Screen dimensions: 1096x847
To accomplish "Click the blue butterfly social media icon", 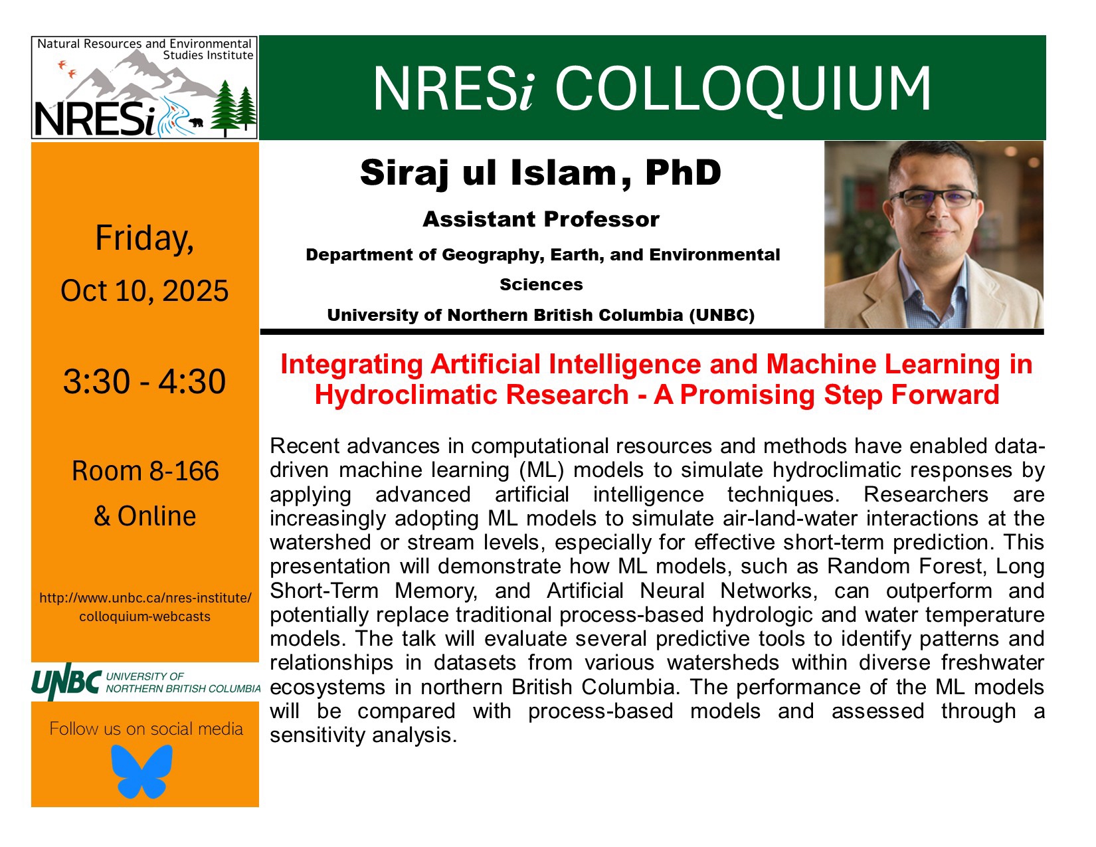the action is point(141,771).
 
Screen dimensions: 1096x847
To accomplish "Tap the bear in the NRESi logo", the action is point(195,122).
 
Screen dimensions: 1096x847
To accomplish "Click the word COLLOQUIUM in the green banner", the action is point(743,89).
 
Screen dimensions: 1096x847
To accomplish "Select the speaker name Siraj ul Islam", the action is point(488,173).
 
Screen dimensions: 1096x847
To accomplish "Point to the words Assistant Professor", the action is point(541,219).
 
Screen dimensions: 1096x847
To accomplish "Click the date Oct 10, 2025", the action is point(144,290).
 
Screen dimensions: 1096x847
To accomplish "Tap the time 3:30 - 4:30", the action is point(144,381).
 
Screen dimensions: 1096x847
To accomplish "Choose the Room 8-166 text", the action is point(145,471).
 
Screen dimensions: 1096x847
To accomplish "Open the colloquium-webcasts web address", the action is point(145,607).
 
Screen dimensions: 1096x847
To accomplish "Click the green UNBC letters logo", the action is point(66,682).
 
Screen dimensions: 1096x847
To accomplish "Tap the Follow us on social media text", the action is point(146,729).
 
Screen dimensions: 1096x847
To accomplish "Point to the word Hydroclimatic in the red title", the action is point(472,395).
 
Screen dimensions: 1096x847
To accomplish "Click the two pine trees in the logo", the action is point(234,108).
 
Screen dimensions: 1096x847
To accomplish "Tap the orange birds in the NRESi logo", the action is point(67,68).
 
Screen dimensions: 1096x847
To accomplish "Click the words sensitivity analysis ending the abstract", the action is point(363,735).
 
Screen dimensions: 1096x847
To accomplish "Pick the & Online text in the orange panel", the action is point(145,516).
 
